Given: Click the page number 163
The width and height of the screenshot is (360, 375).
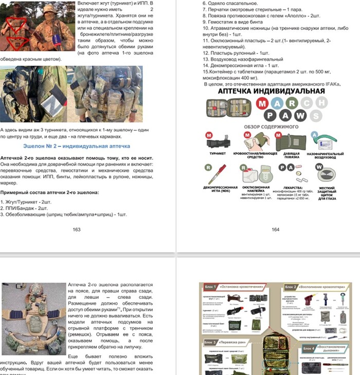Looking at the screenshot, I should click(77, 229).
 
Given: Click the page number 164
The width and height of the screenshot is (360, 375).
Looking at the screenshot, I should click(275, 229).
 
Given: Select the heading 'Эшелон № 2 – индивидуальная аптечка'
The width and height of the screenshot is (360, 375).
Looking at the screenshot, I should click(77, 146).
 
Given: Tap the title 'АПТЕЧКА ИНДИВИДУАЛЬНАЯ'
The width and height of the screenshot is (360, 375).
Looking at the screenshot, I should click(272, 91).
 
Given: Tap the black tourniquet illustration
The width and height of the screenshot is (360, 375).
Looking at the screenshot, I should click(219, 140).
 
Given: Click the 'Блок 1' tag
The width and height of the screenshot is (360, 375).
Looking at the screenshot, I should click(209, 287).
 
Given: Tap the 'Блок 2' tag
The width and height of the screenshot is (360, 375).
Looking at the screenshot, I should click(291, 287).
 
